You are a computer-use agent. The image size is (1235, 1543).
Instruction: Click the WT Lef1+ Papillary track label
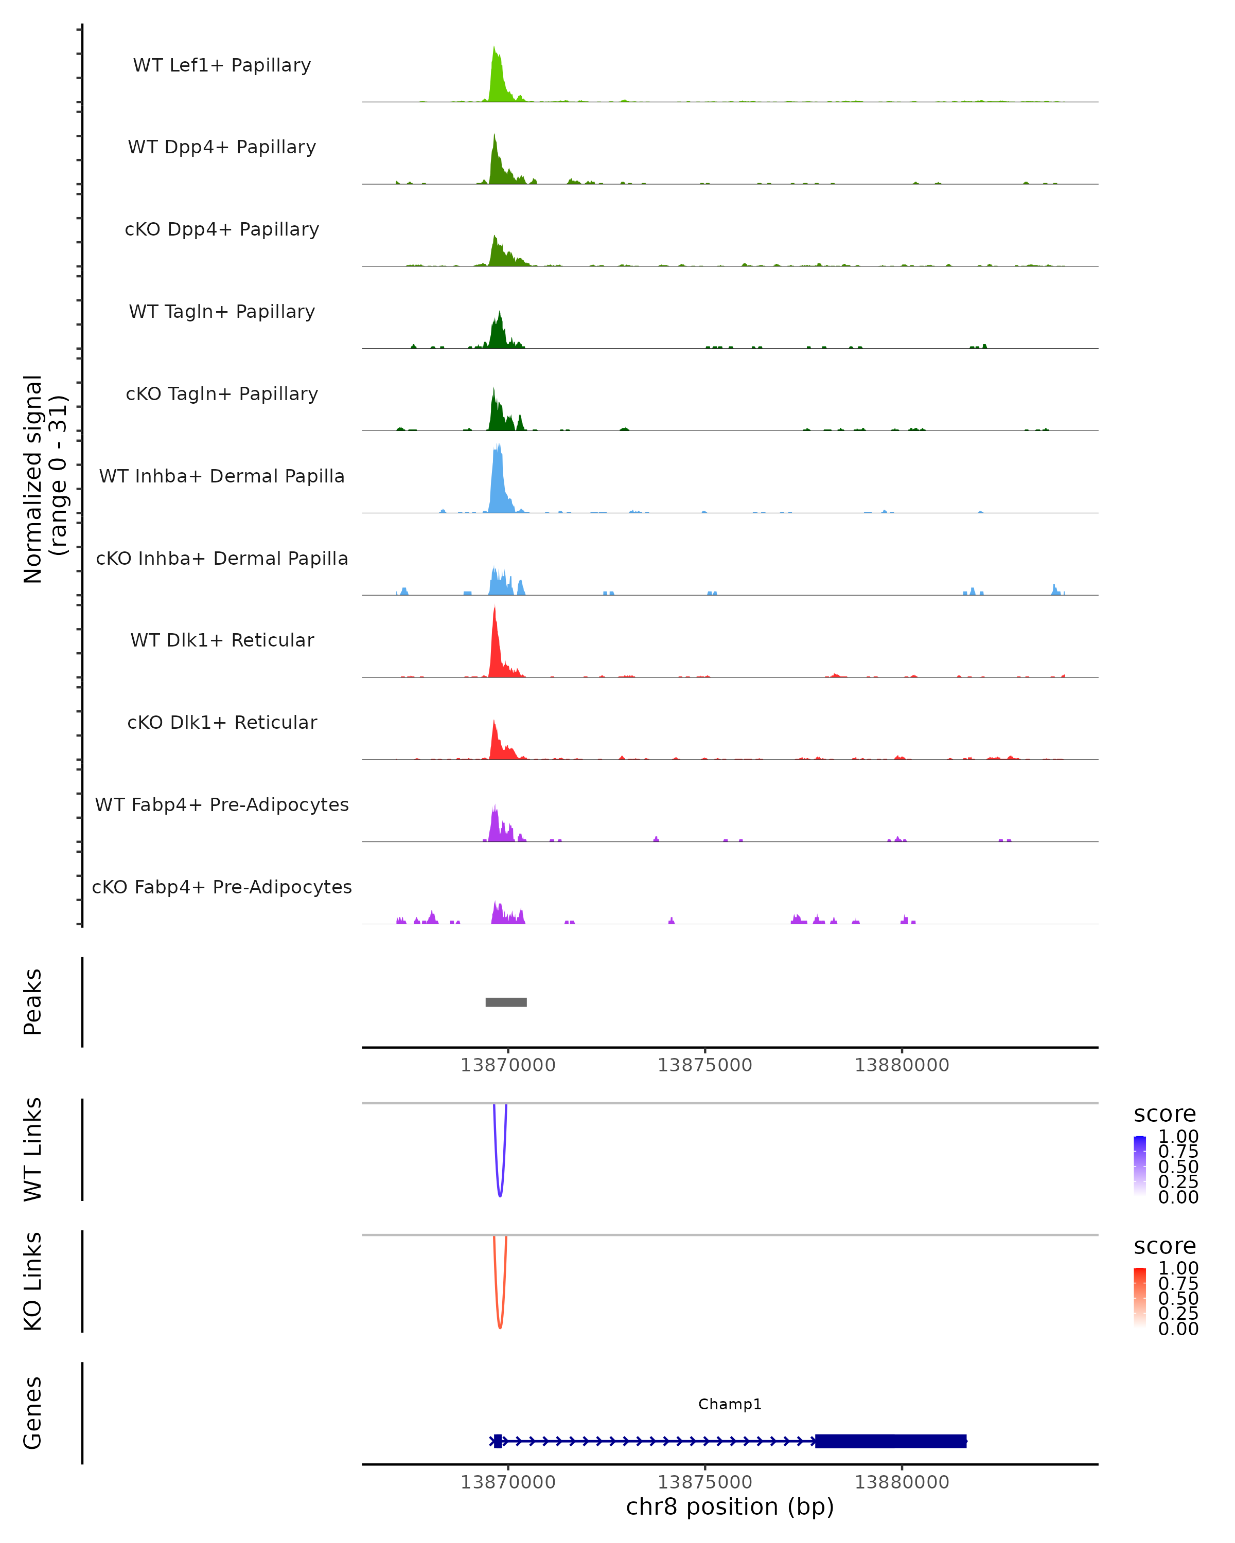pos(222,65)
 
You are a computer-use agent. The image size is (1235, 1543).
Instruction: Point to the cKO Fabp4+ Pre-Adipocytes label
pos(222,887)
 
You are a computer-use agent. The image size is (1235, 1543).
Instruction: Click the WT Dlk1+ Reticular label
pos(222,640)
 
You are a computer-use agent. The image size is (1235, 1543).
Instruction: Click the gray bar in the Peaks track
pos(506,1002)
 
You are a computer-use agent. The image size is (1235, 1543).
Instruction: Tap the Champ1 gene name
pos(730,1404)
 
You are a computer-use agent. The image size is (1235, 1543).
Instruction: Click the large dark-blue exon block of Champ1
pos(891,1441)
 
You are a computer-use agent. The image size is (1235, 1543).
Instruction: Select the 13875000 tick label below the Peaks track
pos(704,1065)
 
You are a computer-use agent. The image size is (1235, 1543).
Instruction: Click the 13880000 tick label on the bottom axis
pos(902,1482)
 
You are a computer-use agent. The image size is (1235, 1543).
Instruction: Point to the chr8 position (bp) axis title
pos(730,1506)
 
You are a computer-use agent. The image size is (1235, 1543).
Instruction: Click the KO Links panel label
pos(33,1281)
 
